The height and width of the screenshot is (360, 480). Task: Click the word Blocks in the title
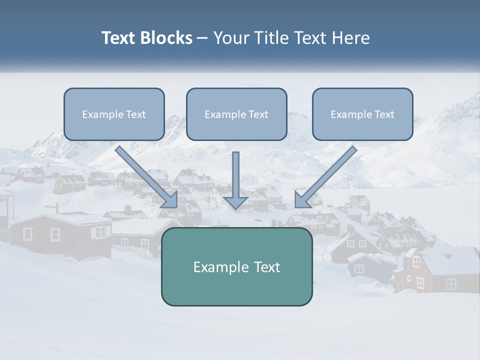pyautogui.click(x=165, y=38)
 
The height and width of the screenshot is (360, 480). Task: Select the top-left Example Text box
pyautogui.click(x=114, y=114)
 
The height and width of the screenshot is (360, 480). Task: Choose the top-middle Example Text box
pyautogui.click(x=236, y=114)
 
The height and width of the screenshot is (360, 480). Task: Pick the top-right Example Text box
pyautogui.click(x=362, y=114)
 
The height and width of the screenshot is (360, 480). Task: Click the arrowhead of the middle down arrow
pyautogui.click(x=235, y=202)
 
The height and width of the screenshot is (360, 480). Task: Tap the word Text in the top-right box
pyautogui.click(x=384, y=114)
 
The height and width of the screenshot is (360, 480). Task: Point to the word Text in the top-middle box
pyautogui.click(x=258, y=114)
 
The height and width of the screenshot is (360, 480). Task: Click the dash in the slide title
pyautogui.click(x=202, y=38)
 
